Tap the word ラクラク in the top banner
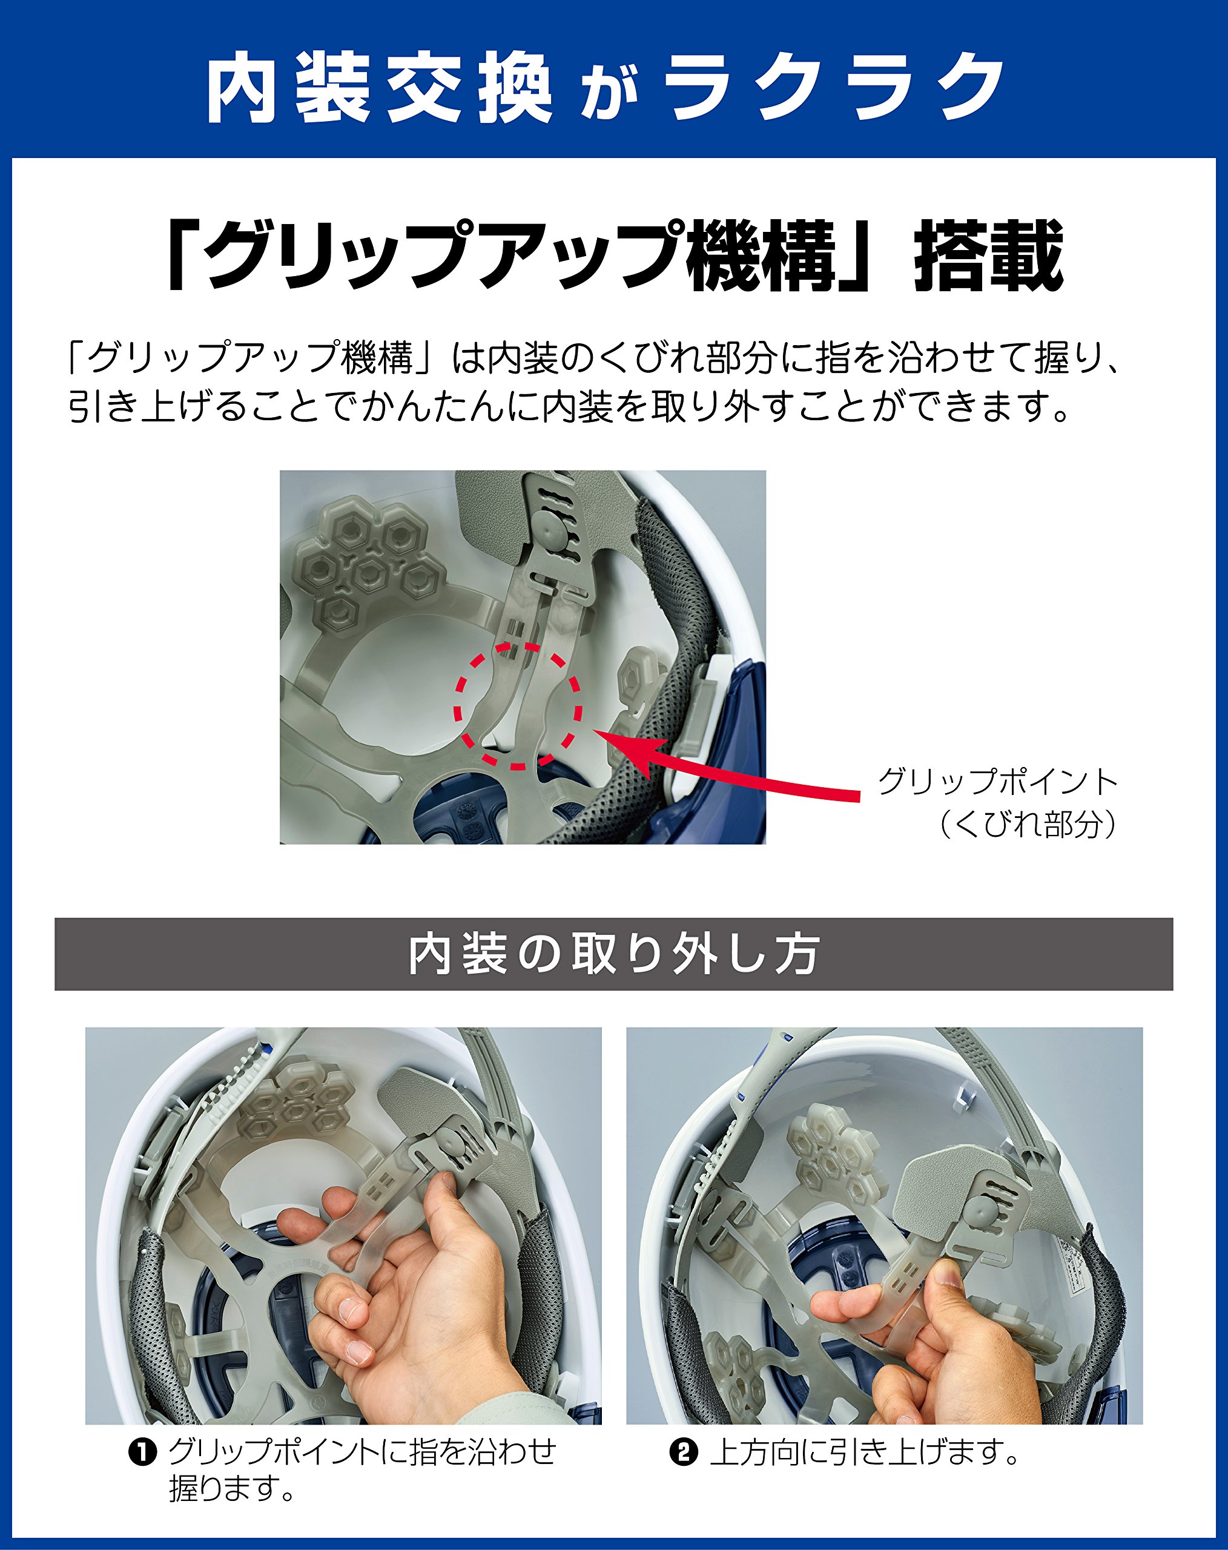click(834, 88)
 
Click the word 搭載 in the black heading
click(989, 256)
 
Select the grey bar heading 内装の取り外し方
click(613, 954)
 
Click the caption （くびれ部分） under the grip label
click(1028, 825)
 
